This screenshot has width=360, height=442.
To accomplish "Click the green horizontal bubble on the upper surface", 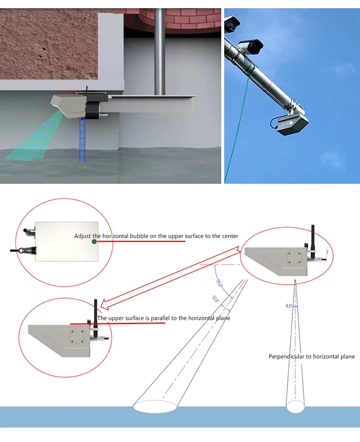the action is [95, 241].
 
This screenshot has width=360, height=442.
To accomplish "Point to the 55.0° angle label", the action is [219, 283].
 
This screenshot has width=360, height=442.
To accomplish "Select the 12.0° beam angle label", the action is [215, 299].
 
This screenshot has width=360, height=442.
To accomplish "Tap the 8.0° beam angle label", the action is [288, 306].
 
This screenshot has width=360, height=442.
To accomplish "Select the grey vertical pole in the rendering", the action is [160, 48].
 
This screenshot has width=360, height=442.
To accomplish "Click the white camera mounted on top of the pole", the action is [251, 46].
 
